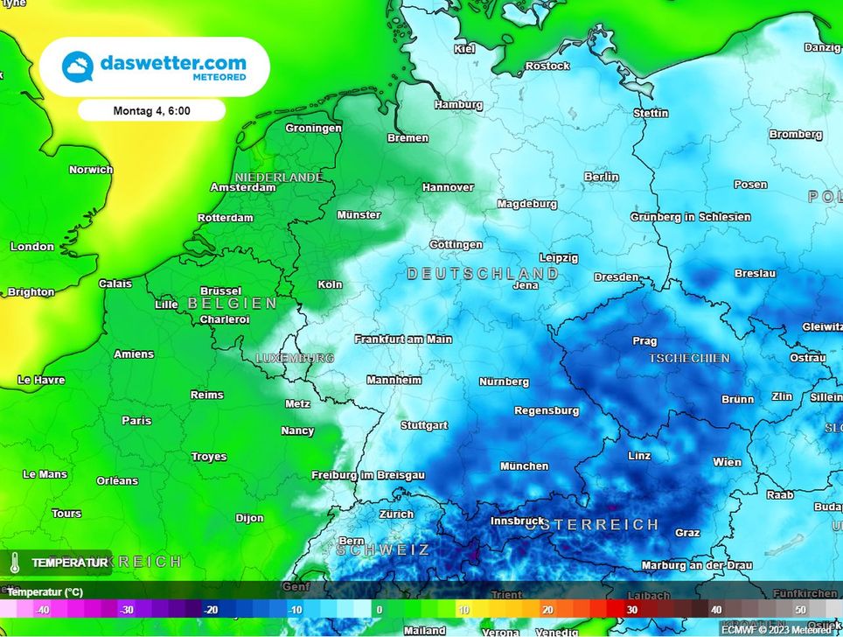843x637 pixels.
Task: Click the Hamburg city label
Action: [x=458, y=105]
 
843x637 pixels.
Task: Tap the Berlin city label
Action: [x=602, y=177]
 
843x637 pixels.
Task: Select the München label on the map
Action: [x=525, y=466]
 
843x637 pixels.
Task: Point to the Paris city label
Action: [x=136, y=420]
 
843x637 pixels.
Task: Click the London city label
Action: [x=32, y=247]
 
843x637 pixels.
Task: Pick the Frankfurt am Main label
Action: [x=403, y=339]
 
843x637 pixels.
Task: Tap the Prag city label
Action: [x=644, y=341]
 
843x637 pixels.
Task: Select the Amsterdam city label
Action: [x=243, y=187]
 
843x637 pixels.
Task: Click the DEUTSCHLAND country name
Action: [x=483, y=274]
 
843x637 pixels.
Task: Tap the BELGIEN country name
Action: [x=232, y=304]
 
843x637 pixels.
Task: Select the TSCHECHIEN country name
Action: [x=689, y=359]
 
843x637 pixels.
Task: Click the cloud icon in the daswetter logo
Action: [x=77, y=66]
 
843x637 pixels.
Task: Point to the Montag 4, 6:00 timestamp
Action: [x=151, y=111]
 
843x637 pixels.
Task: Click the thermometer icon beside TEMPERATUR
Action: [x=15, y=563]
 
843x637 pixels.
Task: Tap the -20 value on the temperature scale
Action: [x=210, y=610]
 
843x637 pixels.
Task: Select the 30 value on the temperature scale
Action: [x=631, y=610]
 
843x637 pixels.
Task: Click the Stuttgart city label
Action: [x=424, y=425]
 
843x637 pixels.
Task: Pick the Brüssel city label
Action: [x=221, y=290]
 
